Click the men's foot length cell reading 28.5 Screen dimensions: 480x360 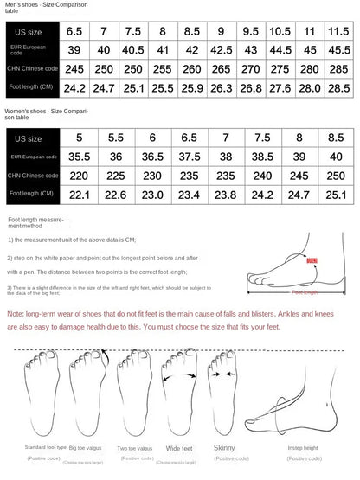pyautogui.click(x=338, y=86)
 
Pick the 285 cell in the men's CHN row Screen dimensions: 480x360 pyautogui.click(x=338, y=67)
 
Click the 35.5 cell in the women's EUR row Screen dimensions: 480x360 pyautogui.click(x=80, y=157)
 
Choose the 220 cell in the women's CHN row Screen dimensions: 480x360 pyautogui.click(x=80, y=176)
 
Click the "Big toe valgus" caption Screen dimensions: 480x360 pyautogui.click(x=86, y=448)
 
